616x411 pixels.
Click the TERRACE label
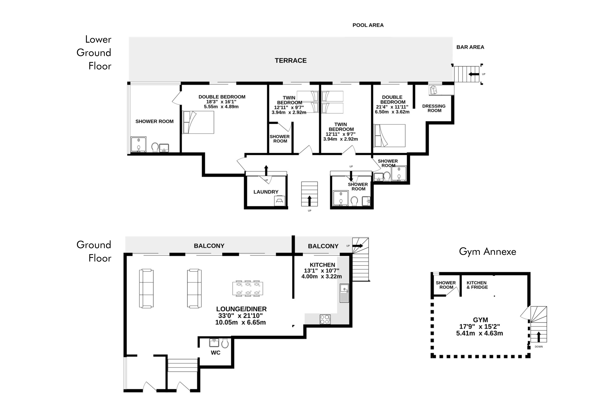(291, 61)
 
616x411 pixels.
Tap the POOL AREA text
(368, 25)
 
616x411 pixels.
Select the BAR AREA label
(470, 47)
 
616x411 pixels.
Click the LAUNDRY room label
(266, 192)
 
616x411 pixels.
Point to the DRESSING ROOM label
(434, 108)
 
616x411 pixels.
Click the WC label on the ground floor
(216, 353)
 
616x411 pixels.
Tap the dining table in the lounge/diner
(247, 288)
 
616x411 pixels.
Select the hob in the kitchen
(325, 320)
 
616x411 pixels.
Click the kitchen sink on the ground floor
(344, 293)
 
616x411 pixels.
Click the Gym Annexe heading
(487, 252)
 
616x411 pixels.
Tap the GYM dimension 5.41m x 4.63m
(479, 333)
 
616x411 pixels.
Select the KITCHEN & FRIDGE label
(477, 285)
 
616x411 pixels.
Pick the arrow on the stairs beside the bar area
(474, 74)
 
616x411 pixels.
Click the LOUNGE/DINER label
(241, 309)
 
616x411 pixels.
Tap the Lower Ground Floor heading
(94, 53)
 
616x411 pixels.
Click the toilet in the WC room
(225, 343)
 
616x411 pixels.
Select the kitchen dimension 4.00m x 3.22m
(321, 277)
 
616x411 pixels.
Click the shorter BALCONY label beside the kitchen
(323, 246)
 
